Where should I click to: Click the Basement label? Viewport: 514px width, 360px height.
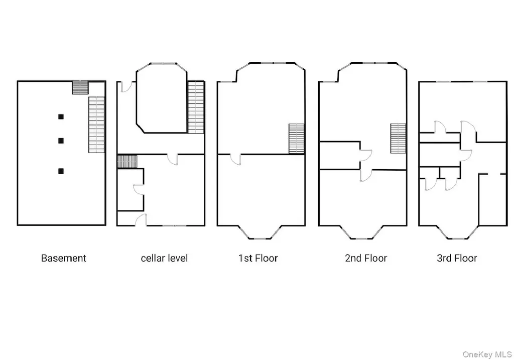[63, 259]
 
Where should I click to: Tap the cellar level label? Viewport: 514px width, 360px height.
[164, 259]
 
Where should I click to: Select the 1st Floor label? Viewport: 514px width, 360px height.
[258, 259]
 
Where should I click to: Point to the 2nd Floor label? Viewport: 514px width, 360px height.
[365, 259]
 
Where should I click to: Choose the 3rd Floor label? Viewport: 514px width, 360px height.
[456, 259]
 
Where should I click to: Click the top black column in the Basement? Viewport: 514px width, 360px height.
[61, 117]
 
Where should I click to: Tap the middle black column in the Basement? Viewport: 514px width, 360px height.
[61, 141]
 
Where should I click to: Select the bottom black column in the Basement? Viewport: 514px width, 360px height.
[61, 171]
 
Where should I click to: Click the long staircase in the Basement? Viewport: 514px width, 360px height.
[96, 125]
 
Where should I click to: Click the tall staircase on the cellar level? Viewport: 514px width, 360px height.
[196, 107]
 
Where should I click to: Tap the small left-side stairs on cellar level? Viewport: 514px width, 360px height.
[127, 161]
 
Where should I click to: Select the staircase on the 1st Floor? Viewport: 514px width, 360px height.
[296, 139]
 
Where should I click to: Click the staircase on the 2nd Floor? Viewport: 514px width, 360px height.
[398, 139]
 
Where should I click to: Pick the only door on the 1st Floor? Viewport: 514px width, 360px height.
[235, 159]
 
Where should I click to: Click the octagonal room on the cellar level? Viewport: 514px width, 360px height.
[162, 98]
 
